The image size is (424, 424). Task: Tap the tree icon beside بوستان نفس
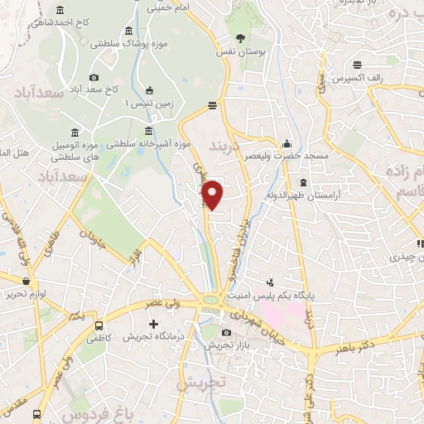point(240,37)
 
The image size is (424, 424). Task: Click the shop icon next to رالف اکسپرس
point(357,65)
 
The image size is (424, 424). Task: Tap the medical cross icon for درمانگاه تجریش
point(151,323)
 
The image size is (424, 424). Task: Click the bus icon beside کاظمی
point(99,325)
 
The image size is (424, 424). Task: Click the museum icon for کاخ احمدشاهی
point(61,11)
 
